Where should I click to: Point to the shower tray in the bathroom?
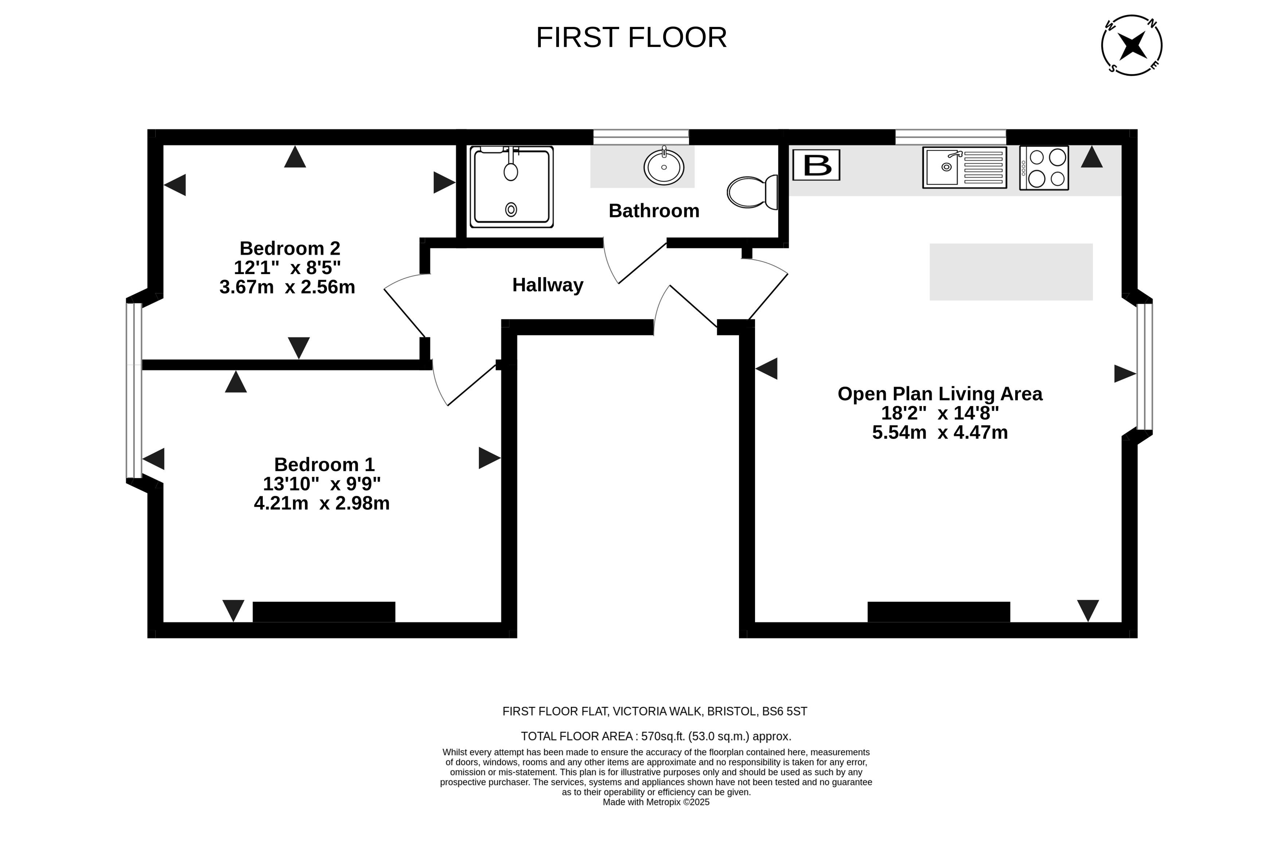(511, 187)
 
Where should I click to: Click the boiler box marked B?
(816, 165)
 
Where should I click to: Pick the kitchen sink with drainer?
(965, 168)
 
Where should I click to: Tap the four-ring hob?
(1044, 168)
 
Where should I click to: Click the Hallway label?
(548, 285)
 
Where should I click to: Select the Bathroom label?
(654, 210)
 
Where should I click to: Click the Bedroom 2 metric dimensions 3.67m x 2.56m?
(287, 287)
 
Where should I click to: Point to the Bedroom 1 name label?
(324, 464)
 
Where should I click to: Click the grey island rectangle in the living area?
(1011, 272)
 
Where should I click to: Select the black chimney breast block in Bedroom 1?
(324, 612)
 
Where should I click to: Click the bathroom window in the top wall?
(641, 137)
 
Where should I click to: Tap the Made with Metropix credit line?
(656, 802)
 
